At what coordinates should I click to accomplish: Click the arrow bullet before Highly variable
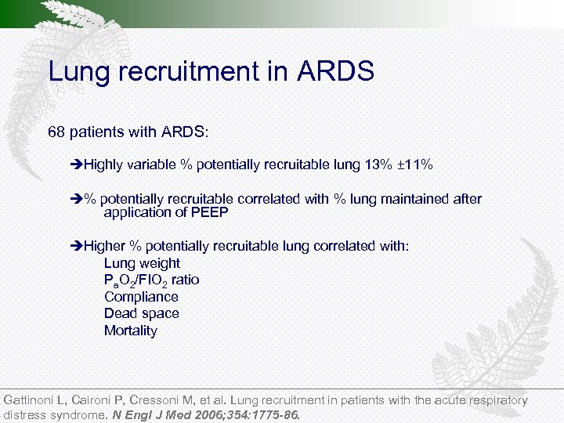76,165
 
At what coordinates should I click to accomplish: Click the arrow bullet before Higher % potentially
76,246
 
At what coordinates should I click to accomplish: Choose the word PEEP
209,212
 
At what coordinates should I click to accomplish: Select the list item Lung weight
142,263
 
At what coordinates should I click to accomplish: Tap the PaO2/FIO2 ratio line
151,280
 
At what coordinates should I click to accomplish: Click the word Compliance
141,297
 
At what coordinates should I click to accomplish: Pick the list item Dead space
141,313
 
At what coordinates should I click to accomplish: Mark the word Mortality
130,331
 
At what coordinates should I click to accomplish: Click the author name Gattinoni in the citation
31,400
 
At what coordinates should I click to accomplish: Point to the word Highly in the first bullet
103,165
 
